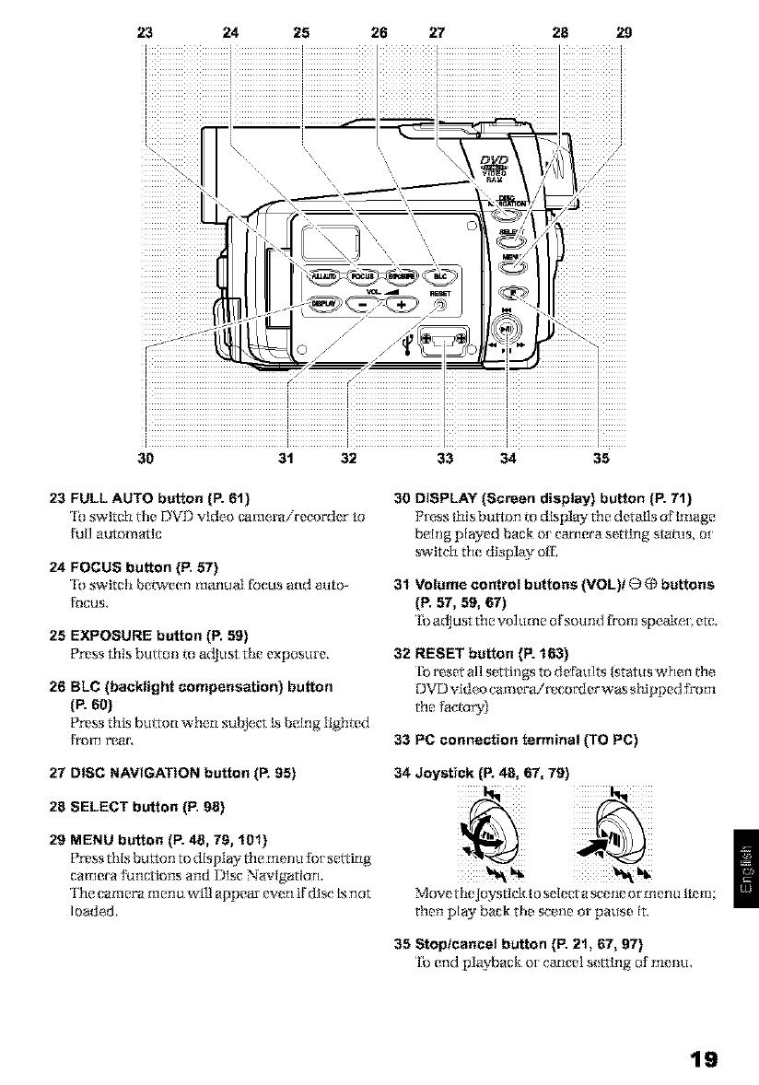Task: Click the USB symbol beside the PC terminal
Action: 409,345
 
